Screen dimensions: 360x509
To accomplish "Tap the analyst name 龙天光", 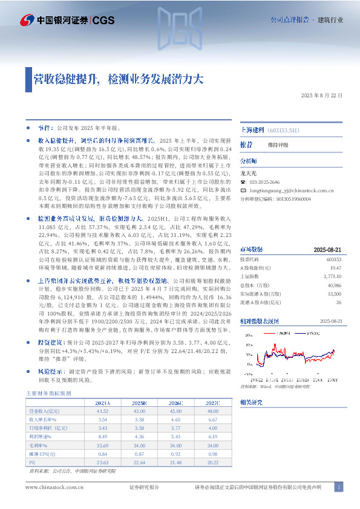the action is tap(249, 172).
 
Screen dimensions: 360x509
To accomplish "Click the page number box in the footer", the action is tap(339, 487).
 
